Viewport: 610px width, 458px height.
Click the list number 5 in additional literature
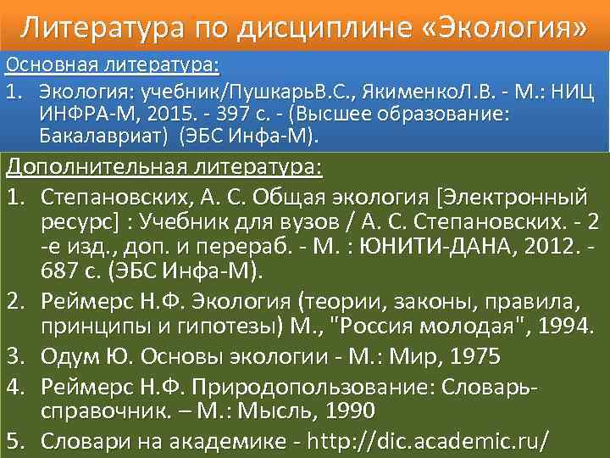[x=16, y=442]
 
